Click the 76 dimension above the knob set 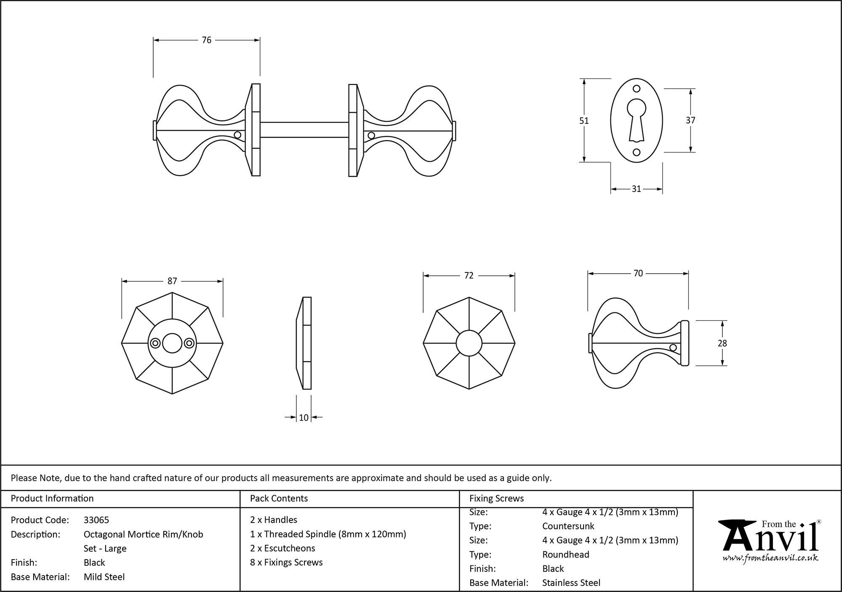point(206,40)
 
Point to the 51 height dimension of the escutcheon point(584,121)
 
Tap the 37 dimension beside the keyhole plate point(690,120)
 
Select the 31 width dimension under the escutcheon point(636,189)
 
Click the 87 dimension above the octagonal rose point(172,281)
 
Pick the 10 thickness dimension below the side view point(304,418)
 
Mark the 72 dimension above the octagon point(469,275)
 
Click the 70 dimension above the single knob point(638,273)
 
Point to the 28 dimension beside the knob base point(722,343)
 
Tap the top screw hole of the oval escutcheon point(637,89)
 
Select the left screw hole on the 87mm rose point(155,343)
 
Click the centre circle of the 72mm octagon point(469,343)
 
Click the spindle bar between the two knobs point(304,130)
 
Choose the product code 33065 point(96,520)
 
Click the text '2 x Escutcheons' point(282,548)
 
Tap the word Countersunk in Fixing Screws point(568,526)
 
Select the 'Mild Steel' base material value point(104,577)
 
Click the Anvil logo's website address point(770,558)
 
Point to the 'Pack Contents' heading point(279,499)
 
